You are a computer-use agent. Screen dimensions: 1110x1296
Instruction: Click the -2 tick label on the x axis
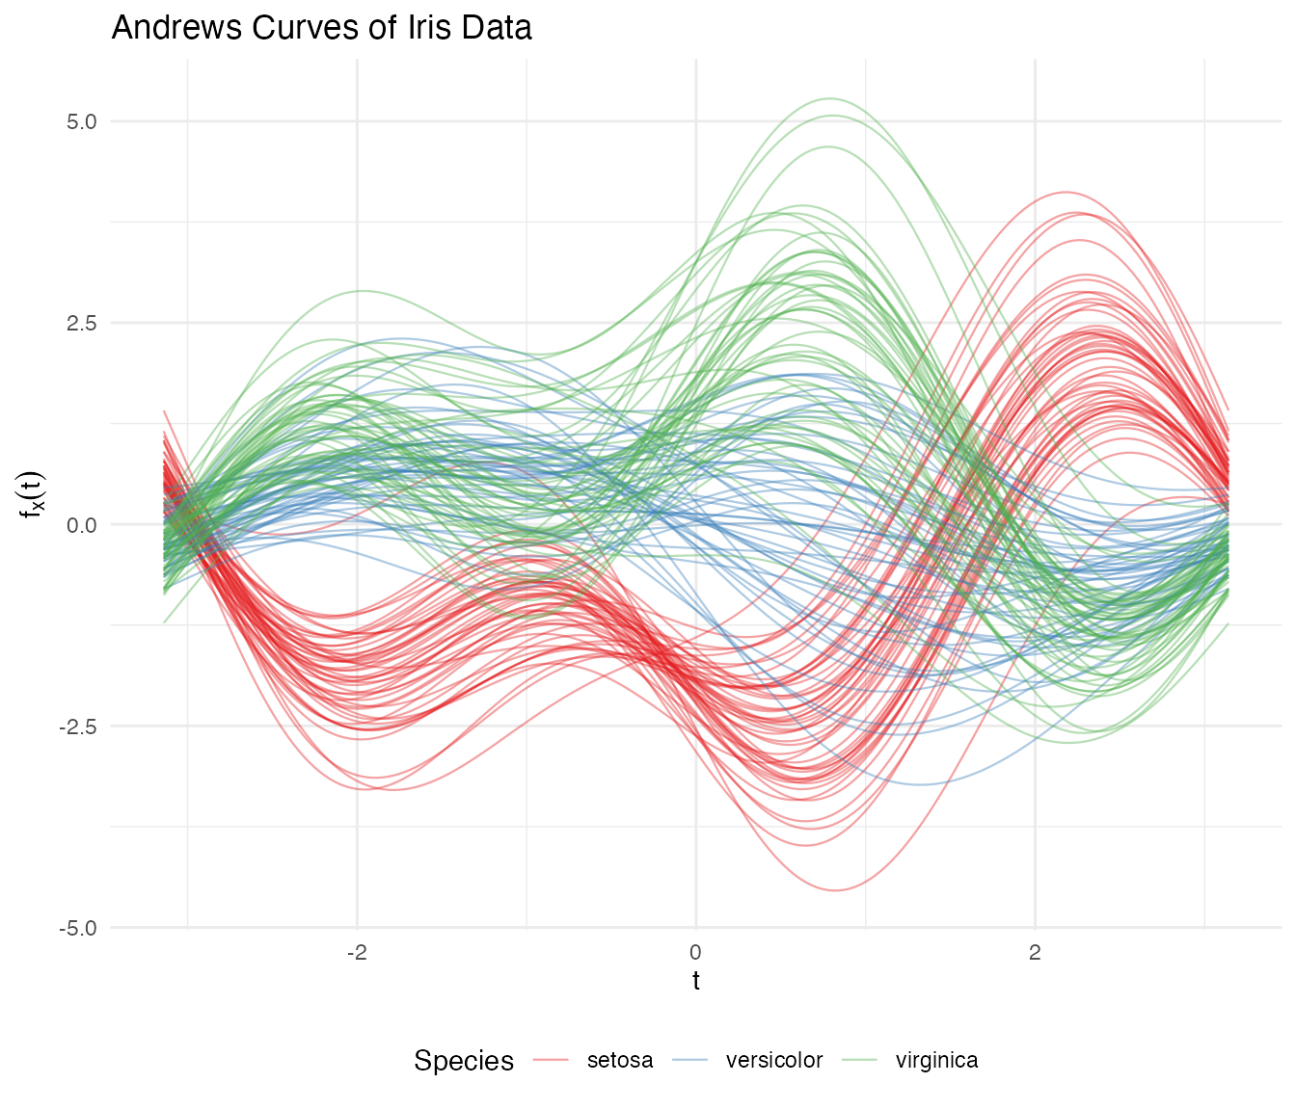[357, 953]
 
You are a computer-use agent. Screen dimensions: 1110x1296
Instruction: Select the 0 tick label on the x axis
[696, 953]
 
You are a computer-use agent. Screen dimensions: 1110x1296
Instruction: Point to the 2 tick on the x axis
[1035, 953]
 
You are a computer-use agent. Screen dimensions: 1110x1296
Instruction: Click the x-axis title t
[696, 982]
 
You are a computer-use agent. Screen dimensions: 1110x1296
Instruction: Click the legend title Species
[464, 1061]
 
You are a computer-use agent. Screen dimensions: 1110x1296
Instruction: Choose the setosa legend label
[620, 1061]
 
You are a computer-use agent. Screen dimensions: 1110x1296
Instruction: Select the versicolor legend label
[774, 1061]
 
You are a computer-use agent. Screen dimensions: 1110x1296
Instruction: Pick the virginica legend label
[936, 1061]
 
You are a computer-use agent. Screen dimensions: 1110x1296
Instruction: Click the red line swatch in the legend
[552, 1061]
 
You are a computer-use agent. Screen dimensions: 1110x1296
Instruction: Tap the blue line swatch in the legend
[690, 1061]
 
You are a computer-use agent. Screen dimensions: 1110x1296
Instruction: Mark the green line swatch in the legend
[860, 1061]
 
